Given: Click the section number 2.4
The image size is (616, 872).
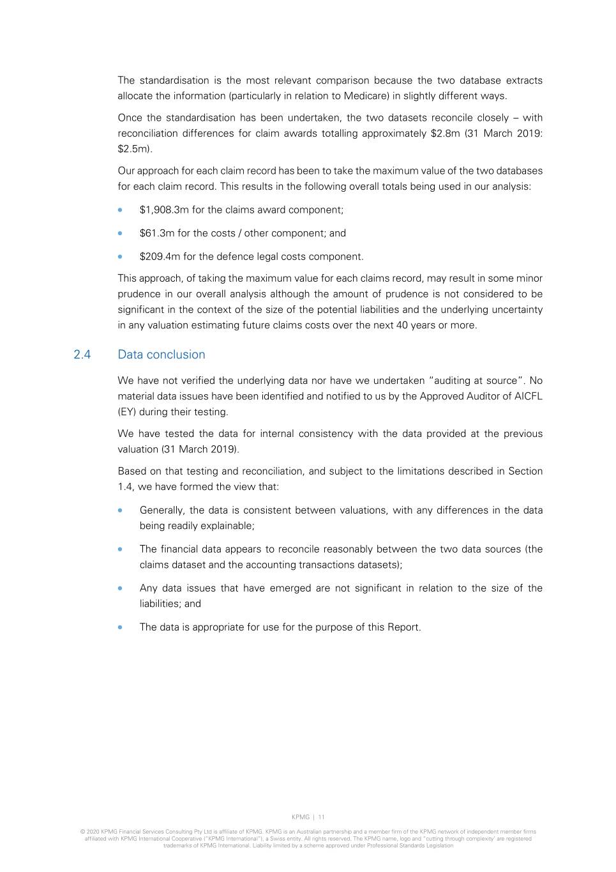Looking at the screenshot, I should click(x=82, y=355).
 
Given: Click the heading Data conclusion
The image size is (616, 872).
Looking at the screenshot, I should click(x=162, y=355).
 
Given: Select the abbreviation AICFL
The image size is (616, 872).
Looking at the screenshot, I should click(x=528, y=396).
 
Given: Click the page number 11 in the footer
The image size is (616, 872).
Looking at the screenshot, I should click(x=321, y=817).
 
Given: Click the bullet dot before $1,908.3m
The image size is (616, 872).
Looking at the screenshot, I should click(x=120, y=210).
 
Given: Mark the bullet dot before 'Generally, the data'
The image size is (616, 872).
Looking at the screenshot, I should click(x=120, y=510).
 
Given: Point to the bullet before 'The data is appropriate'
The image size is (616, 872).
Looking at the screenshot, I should click(x=120, y=627).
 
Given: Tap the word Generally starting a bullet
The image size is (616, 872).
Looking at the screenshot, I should click(x=163, y=510).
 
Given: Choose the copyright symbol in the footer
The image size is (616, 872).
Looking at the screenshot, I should click(x=82, y=832).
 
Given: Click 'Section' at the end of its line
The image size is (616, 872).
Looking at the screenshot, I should click(x=525, y=471).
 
